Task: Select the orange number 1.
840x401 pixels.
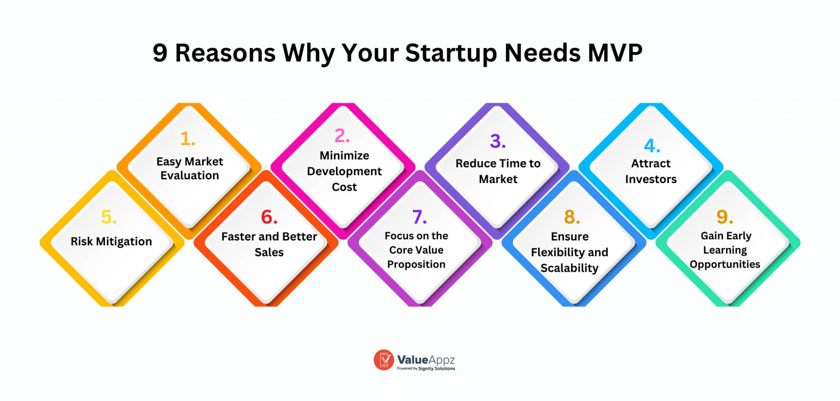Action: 187,139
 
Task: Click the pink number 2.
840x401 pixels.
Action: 342,136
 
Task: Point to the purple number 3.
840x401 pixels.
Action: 498,142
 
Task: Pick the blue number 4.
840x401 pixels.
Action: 652,146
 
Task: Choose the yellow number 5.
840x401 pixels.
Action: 109,217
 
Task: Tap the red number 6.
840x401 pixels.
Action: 269,217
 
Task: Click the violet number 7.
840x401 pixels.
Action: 419,217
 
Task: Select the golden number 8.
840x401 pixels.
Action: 572,217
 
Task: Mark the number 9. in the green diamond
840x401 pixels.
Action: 724,217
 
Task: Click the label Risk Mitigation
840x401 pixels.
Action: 111,241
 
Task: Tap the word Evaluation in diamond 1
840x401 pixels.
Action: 189,176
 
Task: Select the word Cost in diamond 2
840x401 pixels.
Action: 344,187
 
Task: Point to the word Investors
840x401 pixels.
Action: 651,179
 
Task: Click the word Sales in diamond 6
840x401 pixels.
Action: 269,252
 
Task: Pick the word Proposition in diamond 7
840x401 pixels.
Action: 416,264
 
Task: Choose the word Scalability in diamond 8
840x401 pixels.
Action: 569,268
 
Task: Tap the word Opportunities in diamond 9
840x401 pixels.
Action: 725,264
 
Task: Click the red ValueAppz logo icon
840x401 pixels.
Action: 384,360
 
